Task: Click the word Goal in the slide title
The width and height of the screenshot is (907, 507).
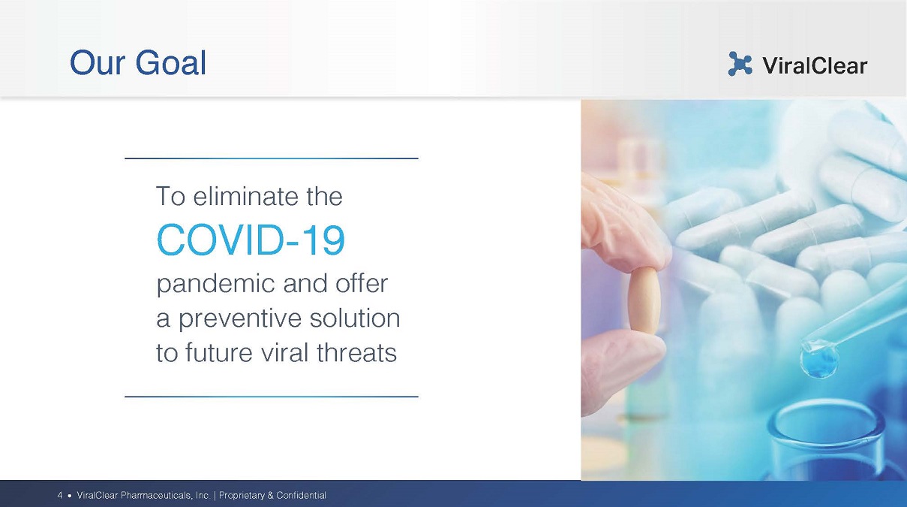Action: pyautogui.click(x=171, y=63)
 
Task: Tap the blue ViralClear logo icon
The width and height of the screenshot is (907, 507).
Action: pyautogui.click(x=740, y=64)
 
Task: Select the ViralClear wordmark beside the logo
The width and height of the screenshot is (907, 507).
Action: pyautogui.click(x=815, y=65)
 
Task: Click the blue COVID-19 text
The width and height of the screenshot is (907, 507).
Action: pyautogui.click(x=251, y=240)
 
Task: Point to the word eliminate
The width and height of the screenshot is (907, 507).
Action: pyautogui.click(x=246, y=196)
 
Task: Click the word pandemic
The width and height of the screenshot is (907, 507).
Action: pyautogui.click(x=216, y=284)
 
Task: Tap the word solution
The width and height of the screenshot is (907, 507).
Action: pyautogui.click(x=355, y=318)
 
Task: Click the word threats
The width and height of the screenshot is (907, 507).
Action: pyautogui.click(x=356, y=352)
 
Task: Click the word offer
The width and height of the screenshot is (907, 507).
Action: pyautogui.click(x=362, y=283)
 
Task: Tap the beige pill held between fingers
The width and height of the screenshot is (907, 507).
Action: pyautogui.click(x=644, y=301)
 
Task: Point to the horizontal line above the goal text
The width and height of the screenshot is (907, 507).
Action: pyautogui.click(x=272, y=158)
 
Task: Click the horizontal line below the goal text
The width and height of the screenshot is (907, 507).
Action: pyautogui.click(x=272, y=397)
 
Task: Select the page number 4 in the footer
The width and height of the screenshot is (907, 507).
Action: pyautogui.click(x=60, y=495)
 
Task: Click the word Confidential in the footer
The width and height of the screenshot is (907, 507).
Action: pyautogui.click(x=301, y=495)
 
